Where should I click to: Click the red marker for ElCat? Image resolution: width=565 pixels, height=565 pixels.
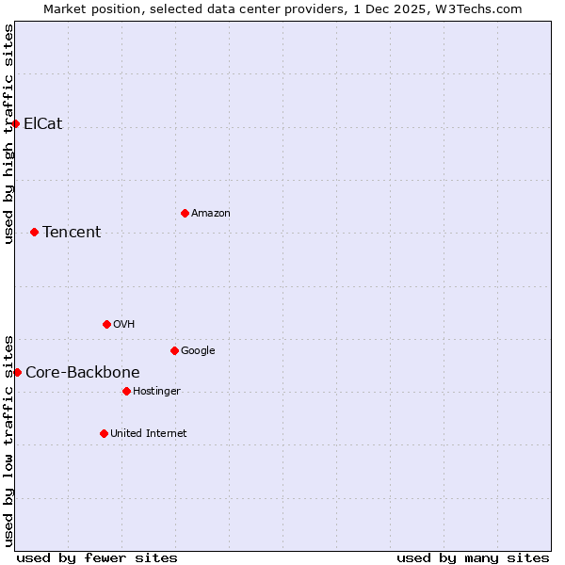(x=16, y=123)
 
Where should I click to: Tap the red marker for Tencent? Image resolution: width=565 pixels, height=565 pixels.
(x=34, y=232)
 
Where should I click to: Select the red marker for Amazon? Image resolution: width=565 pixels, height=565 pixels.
(x=185, y=213)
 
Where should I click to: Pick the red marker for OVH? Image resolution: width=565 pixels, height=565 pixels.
(x=106, y=324)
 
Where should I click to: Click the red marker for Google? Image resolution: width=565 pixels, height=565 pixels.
(x=174, y=350)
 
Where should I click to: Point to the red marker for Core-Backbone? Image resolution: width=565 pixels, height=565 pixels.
(x=17, y=372)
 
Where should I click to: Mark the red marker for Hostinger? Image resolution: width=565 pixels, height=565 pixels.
(x=126, y=391)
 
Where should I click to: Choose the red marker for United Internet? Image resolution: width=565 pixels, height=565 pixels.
(x=104, y=433)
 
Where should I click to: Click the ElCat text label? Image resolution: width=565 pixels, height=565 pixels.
(x=43, y=123)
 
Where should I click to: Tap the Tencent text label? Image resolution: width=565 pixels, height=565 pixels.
(x=72, y=232)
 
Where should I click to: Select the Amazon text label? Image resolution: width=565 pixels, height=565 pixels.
(x=211, y=213)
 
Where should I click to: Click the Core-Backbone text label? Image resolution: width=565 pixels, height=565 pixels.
(x=83, y=372)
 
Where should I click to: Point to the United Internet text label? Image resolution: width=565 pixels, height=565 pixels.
(x=149, y=433)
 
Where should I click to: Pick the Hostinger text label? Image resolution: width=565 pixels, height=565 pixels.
(x=156, y=391)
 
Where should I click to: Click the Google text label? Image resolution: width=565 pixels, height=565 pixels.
(x=198, y=350)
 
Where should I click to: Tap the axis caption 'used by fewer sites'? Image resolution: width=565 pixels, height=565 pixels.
(x=97, y=557)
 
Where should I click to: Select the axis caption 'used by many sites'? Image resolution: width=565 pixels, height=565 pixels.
(x=473, y=557)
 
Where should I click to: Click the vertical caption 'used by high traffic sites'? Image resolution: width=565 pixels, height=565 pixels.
(x=8, y=134)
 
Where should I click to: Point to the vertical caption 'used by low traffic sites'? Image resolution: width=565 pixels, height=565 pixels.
(x=8, y=440)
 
